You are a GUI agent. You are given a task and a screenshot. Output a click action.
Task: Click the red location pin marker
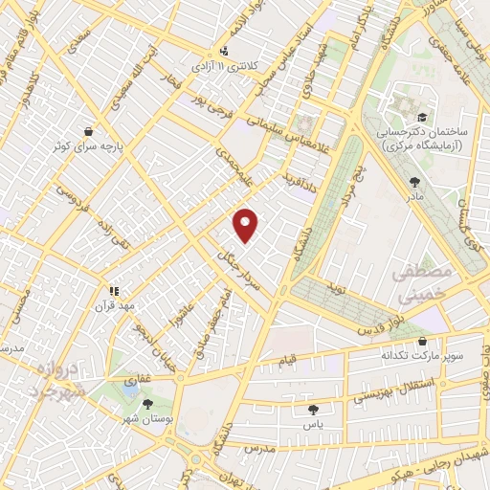click(x=246, y=226)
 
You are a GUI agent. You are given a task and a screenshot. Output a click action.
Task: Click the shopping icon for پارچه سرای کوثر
click(x=89, y=132)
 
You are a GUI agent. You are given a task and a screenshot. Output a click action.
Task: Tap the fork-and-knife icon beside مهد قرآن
click(x=113, y=290)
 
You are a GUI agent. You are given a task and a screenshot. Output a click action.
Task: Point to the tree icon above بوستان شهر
click(x=147, y=404)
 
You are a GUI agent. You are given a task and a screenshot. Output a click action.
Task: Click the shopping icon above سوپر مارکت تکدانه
click(x=423, y=340)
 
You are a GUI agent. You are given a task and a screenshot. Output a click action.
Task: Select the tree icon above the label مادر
click(x=414, y=181)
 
